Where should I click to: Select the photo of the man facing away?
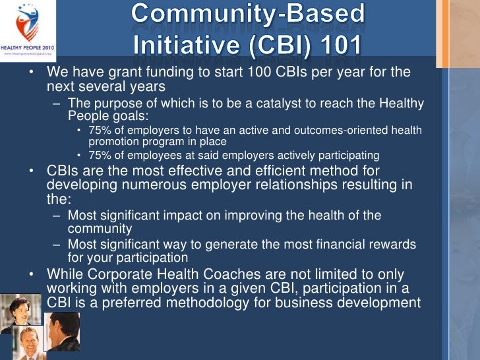pyautogui.click(x=63, y=332)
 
